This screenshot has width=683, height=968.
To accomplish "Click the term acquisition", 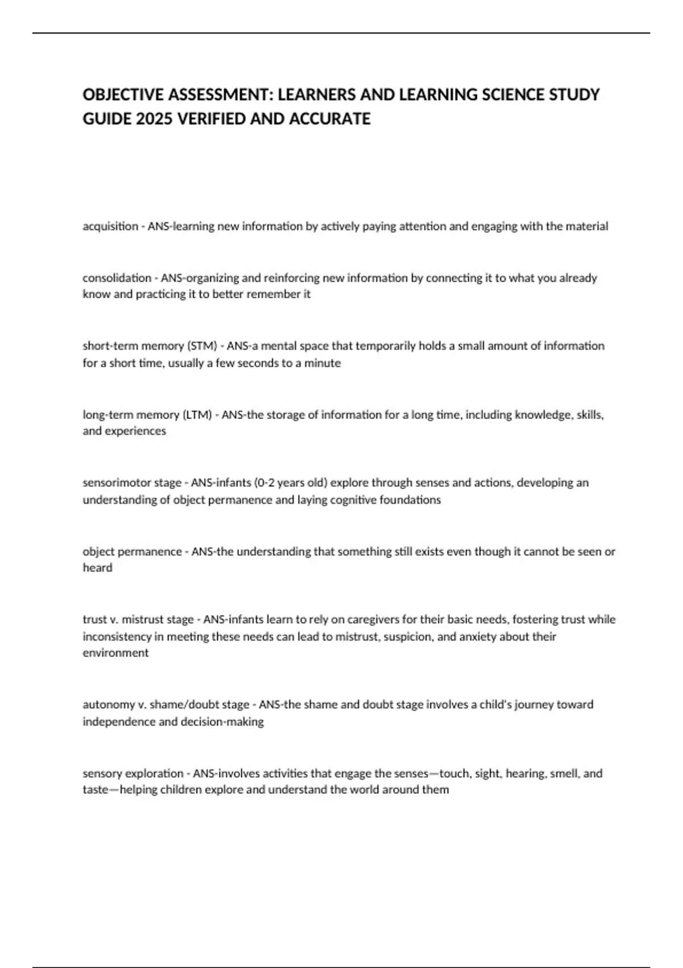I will coord(110,227).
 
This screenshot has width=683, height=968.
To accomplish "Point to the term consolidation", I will coord(117,278).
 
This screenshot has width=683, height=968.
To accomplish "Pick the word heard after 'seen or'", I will coord(97,568).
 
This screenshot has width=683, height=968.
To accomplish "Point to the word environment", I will coord(116,653).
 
